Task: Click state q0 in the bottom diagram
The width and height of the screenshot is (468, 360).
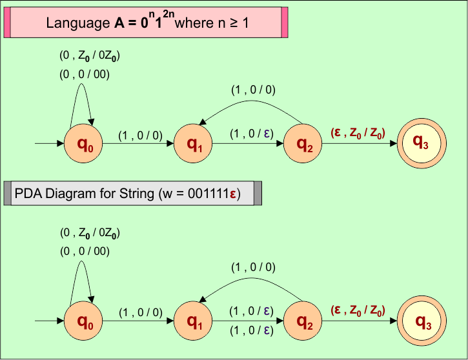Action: coord(84,321)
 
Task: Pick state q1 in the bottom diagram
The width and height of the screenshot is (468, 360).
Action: coord(194,321)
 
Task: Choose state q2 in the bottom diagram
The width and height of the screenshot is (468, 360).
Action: coord(303,321)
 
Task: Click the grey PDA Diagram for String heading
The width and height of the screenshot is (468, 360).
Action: coord(132,193)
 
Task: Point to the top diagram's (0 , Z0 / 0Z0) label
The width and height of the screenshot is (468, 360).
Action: coord(90,57)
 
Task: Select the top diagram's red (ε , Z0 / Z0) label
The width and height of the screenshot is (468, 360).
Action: coord(358,134)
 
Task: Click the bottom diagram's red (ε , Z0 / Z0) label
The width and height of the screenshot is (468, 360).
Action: coord(358,311)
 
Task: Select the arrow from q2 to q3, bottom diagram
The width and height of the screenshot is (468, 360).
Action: coord(359,321)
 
